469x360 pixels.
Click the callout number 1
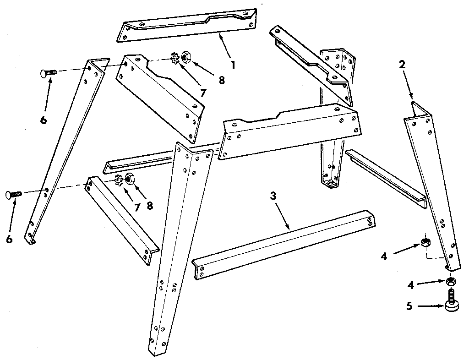point(233,65)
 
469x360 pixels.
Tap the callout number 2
point(402,65)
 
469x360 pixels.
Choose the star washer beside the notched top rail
point(174,59)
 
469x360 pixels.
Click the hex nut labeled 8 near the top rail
point(186,57)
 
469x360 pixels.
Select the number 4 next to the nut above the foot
point(411,285)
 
